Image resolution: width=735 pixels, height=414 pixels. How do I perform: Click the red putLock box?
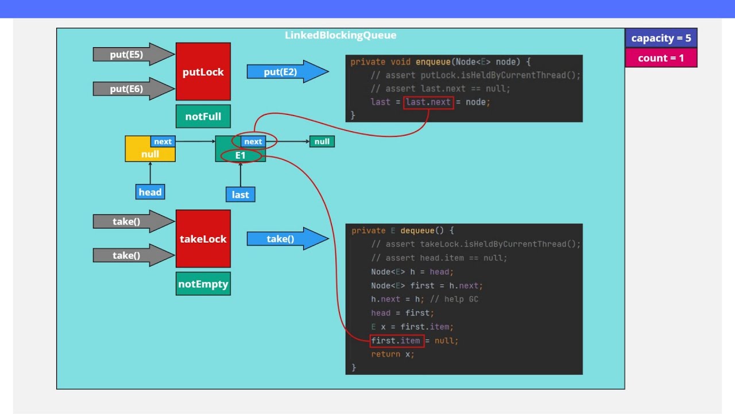203,72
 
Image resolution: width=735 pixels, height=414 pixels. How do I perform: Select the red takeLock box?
203,239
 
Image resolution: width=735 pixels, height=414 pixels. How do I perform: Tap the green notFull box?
203,117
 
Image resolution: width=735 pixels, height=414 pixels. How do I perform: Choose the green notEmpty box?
203,284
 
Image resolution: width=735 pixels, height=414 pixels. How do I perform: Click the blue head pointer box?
150,192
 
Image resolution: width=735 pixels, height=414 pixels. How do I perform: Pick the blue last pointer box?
240,195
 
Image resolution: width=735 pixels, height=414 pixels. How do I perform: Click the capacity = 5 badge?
661,39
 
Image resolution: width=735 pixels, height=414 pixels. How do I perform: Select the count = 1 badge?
661,58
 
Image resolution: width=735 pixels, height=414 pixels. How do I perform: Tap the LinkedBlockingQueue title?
341,36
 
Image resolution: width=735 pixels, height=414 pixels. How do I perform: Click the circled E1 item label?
240,155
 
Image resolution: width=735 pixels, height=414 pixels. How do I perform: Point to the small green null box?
322,141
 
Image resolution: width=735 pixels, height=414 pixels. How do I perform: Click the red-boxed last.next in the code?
428,102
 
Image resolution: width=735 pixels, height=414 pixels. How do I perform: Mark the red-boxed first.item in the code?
397,340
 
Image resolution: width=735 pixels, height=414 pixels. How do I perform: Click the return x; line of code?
392,354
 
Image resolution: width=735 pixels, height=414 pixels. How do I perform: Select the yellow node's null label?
150,154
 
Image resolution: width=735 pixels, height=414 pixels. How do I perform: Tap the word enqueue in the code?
433,62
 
